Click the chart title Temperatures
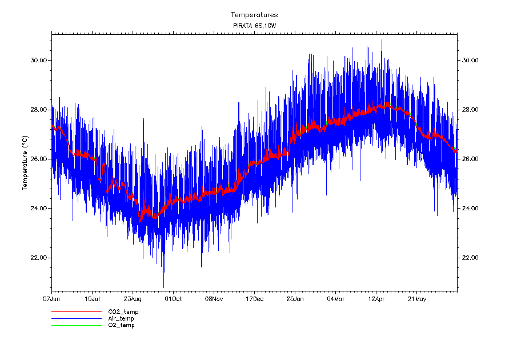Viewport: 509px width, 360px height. pos(254,15)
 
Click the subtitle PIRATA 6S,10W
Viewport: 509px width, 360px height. pos(254,26)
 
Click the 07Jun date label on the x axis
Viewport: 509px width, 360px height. pos(51,298)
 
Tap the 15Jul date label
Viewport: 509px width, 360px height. pos(92,298)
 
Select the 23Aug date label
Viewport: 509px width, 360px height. pos(133,298)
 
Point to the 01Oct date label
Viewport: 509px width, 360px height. pos(173,298)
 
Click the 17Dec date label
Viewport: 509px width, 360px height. pos(254,298)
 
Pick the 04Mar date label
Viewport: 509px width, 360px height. pos(335,298)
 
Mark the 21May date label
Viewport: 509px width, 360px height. pos(416,298)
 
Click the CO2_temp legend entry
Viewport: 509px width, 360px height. pos(123,312)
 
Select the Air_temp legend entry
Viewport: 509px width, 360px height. pos(121,318)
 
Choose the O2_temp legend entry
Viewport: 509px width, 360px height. pos(121,325)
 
